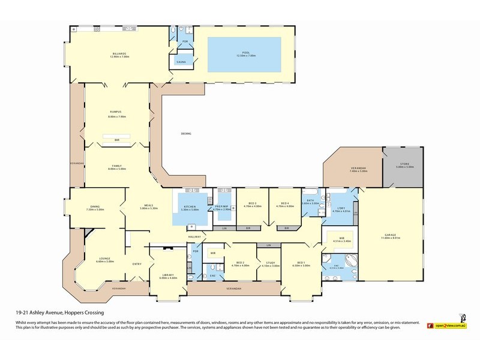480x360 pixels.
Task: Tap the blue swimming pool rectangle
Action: tap(244, 47)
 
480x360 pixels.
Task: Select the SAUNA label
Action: tap(181, 62)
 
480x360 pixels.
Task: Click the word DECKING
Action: tap(186, 133)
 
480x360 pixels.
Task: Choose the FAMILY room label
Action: tap(117, 166)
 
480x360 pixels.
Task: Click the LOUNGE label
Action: tap(91, 258)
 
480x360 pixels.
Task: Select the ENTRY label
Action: tap(137, 264)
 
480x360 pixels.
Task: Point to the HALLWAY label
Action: tap(194, 237)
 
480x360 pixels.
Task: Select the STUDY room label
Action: tap(271, 262)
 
